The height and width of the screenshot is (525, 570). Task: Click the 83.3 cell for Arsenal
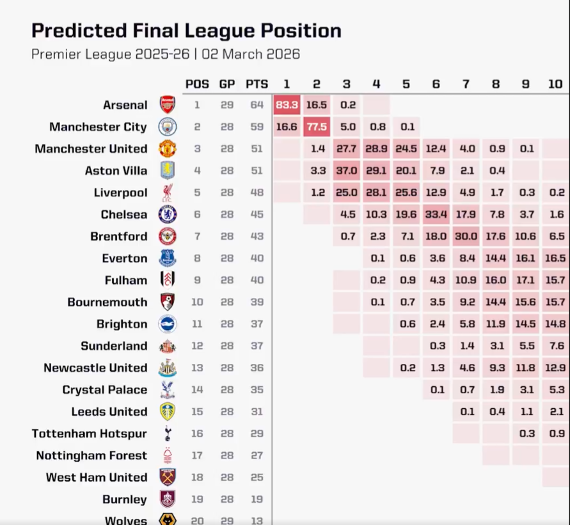point(287,105)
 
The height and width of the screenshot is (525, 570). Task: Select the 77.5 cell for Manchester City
point(317,127)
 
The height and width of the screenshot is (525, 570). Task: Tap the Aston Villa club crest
point(167,171)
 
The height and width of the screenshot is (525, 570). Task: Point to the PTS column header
point(257,84)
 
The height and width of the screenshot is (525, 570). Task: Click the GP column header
point(227,84)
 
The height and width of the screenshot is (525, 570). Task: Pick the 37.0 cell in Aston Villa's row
point(346,171)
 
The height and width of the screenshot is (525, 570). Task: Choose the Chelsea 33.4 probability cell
point(436,214)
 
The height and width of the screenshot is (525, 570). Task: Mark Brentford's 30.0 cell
point(465,236)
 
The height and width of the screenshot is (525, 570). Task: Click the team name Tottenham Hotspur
point(90,434)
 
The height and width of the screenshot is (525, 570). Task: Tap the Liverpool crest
point(167,192)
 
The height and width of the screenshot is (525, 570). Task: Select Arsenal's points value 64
point(257,105)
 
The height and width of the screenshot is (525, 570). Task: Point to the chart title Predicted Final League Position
point(186,31)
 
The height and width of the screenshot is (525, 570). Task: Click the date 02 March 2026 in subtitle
point(251,54)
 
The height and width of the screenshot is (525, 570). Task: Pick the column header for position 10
point(555,84)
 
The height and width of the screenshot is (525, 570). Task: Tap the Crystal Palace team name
point(105,389)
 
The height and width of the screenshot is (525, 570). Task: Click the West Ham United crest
point(167,477)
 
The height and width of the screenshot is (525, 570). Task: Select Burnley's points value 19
point(257,499)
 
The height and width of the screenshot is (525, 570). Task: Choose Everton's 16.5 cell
point(555,258)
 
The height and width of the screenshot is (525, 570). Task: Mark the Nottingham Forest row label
point(91,455)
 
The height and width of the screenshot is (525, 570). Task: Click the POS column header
point(197,84)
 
